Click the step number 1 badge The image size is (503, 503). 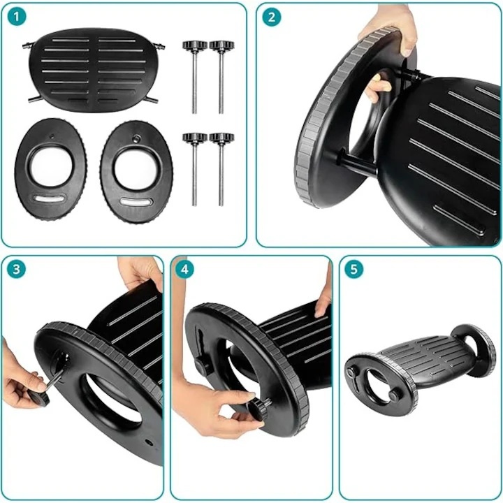(16, 17)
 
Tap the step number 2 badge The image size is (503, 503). (271, 17)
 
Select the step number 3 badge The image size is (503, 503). (16, 269)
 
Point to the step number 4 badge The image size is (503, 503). (184, 269)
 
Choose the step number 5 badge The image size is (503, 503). (353, 269)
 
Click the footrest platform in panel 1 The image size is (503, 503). (94, 70)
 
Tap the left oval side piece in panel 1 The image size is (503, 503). (50, 169)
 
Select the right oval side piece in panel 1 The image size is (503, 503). (137, 172)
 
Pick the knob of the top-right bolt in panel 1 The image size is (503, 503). (221, 45)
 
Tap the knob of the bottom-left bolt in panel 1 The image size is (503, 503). (195, 138)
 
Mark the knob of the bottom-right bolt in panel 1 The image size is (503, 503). (221, 138)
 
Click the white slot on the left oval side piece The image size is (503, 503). (49, 199)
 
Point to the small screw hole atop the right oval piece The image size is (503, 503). (137, 138)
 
